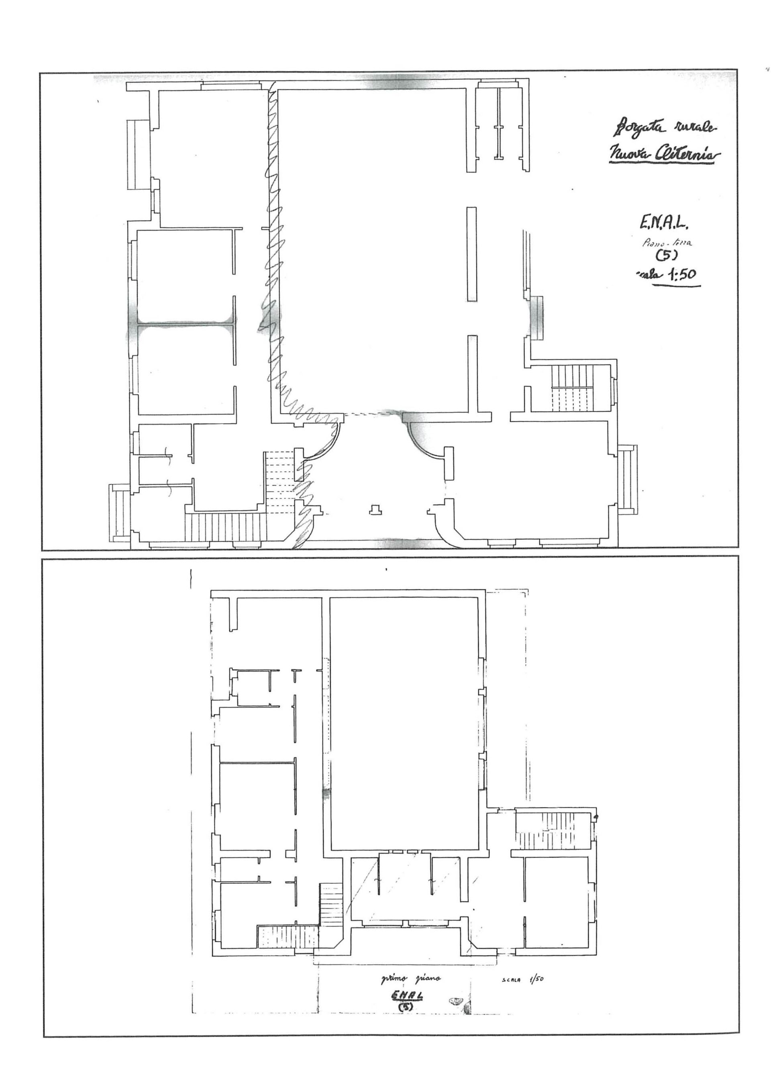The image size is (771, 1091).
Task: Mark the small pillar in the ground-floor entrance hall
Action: [376, 510]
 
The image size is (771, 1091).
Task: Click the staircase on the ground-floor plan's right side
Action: [573, 388]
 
